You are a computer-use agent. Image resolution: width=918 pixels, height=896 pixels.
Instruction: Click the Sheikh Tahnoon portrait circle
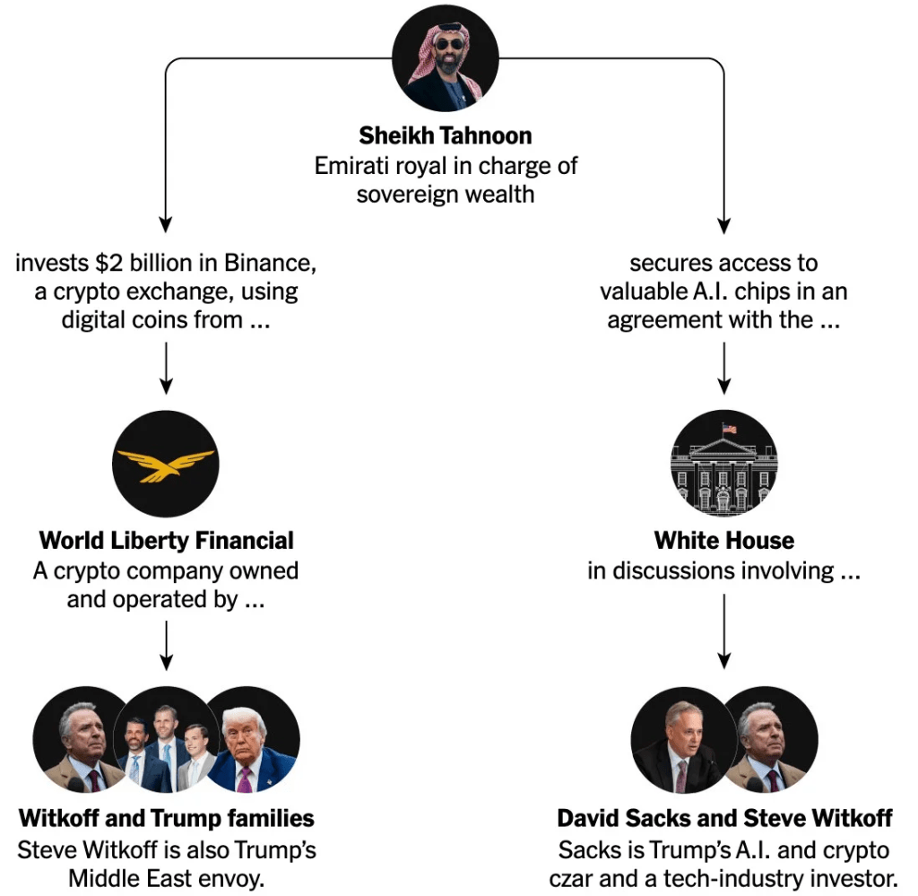point(445,58)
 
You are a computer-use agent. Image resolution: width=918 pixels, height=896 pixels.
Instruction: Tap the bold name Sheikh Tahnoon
point(446,135)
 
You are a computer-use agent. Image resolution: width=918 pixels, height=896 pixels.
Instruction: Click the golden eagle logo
point(166,465)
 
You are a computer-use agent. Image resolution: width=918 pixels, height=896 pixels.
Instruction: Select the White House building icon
point(723,463)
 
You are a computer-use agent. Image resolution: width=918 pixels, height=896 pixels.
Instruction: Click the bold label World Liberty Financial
point(166,540)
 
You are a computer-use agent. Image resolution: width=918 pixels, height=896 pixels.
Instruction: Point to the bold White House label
point(724,540)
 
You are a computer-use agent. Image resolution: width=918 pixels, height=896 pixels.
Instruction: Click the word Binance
point(270,263)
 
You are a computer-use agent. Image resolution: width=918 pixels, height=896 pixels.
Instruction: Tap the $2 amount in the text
point(109,263)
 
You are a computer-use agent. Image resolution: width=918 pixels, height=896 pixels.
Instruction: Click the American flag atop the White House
point(729,429)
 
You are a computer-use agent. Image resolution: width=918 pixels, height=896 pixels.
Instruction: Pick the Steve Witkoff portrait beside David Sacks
point(772,740)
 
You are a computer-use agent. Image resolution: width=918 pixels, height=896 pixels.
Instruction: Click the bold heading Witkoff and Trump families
point(166,818)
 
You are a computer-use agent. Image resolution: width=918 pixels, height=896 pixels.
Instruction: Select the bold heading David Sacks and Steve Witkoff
point(724,818)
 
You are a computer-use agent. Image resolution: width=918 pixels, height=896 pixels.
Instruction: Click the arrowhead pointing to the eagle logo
point(166,387)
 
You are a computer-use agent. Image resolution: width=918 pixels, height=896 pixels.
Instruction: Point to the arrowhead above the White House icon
point(724,387)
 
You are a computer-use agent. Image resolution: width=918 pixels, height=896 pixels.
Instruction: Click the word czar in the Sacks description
point(571,879)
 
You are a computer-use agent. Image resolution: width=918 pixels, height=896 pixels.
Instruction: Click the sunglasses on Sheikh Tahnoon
point(450,44)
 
